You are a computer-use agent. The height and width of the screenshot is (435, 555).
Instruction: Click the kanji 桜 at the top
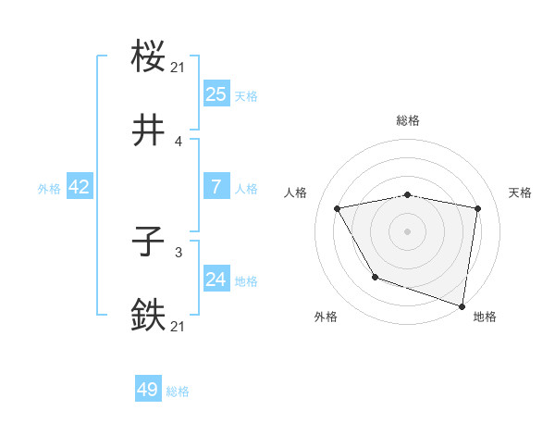pos(149,56)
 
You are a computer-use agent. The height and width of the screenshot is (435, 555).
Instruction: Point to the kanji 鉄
pos(149,315)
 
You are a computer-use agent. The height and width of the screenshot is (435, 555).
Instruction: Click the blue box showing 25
pos(216,94)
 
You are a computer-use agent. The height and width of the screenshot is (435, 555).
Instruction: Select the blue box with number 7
pos(216,187)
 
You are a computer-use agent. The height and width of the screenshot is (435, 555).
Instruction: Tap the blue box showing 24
pos(216,280)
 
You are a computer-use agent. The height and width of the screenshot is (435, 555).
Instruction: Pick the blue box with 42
pos(80,187)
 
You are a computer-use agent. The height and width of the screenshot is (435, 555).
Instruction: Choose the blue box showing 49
pos(148,391)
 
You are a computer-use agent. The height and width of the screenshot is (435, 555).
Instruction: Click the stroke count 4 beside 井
pos(179,142)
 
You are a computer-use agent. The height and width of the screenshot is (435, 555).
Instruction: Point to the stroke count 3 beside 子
pos(179,252)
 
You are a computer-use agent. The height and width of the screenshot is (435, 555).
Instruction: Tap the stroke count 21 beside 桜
pos(179,67)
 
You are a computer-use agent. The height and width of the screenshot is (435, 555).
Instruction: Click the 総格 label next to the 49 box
pos(178,392)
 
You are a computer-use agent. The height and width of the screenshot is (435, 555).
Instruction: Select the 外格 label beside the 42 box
pos(49,189)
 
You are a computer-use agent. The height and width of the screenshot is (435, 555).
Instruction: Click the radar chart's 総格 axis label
pos(408,120)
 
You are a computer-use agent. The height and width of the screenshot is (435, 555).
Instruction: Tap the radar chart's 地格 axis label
pos(485,317)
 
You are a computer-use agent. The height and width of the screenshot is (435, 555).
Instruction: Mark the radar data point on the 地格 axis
pos(462,305)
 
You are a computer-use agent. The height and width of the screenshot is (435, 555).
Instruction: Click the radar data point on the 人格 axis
pos(338,209)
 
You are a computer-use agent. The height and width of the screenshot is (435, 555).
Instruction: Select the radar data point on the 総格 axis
pos(408,194)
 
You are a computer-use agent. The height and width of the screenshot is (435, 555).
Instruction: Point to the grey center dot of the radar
pos(408,230)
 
